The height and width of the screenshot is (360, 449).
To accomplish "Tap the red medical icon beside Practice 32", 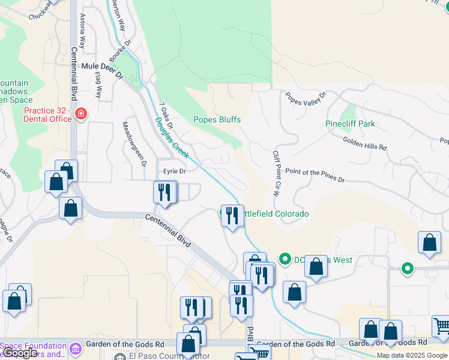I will point(80,113).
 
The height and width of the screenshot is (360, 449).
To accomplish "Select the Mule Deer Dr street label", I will point(101,76).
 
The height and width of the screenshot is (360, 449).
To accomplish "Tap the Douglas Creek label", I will point(172,138).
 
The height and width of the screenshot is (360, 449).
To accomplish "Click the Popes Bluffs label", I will point(217,119).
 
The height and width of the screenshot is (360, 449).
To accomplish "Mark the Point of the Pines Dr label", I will point(315,176).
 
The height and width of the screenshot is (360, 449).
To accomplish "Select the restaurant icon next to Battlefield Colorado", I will point(232,215).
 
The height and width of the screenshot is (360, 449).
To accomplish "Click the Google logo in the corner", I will point(20,353).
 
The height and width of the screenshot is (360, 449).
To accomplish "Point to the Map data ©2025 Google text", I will point(412,355).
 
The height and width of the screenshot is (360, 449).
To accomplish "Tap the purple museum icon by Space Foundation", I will point(75,349).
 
